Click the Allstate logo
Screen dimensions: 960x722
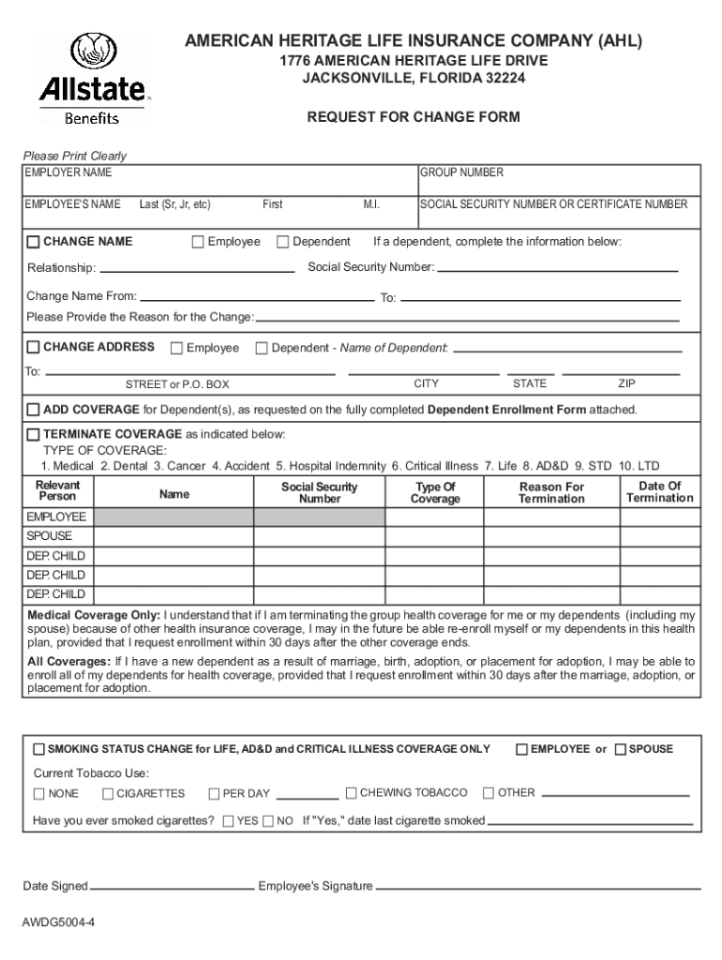[92, 80]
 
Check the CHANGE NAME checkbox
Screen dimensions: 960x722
[34, 243]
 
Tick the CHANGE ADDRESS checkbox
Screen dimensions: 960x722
[34, 348]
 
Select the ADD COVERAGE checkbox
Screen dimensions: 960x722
[34, 411]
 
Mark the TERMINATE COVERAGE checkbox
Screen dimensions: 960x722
[34, 435]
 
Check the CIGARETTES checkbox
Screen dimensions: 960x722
[108, 794]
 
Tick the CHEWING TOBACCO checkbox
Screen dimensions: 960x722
[352, 793]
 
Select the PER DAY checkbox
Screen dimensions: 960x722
[215, 794]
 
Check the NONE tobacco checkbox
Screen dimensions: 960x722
[39, 794]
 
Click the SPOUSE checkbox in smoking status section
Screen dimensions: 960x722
[620, 749]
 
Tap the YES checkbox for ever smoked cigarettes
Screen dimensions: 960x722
[229, 821]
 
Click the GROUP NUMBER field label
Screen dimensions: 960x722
[461, 172]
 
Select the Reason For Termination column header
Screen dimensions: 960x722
[551, 493]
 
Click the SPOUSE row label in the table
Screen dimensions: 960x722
[49, 537]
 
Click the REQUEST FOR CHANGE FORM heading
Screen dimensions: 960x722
[414, 118]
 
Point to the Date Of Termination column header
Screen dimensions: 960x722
[659, 492]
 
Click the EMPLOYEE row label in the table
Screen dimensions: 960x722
[56, 517]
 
